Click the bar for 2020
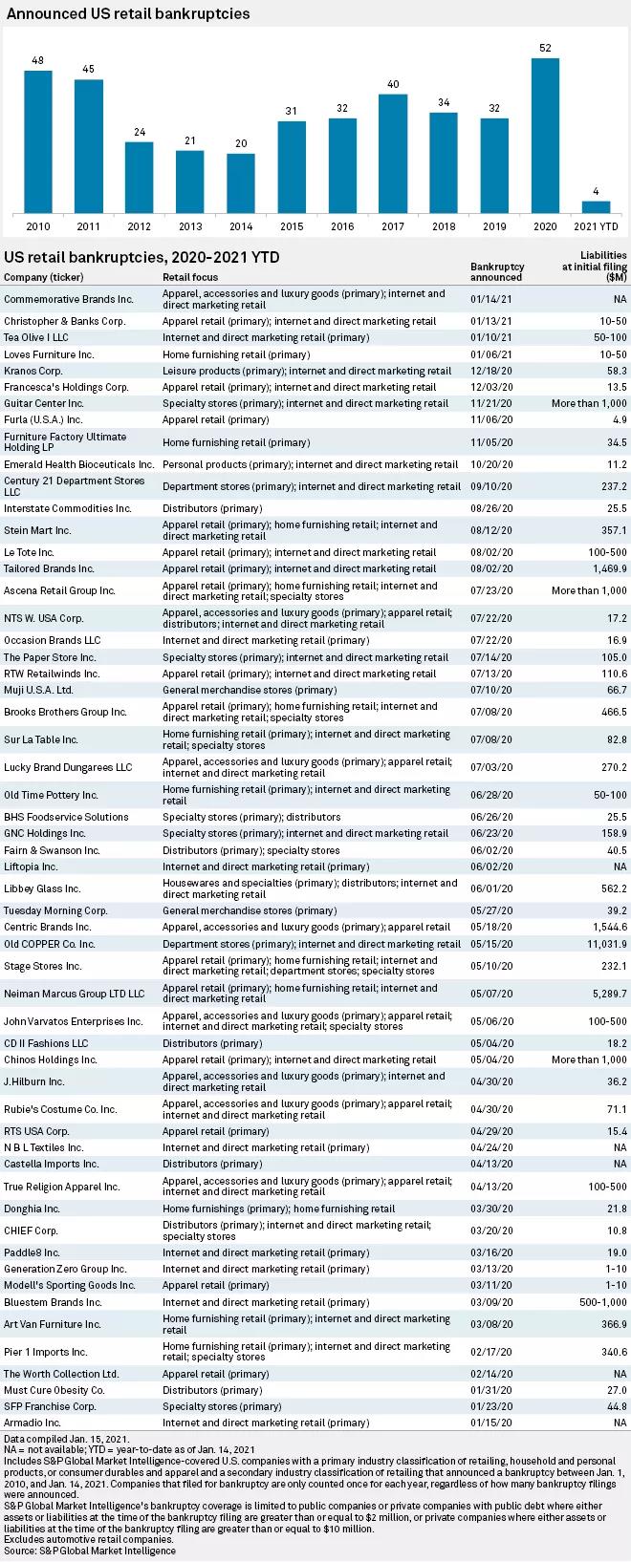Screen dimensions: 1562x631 (x=545, y=136)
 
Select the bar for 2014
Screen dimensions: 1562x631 (x=241, y=182)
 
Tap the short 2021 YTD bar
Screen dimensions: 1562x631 (x=596, y=206)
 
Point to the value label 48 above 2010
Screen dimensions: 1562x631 (x=38, y=61)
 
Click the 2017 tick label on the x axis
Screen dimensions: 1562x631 (x=393, y=226)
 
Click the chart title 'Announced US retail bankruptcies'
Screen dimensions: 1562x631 (x=127, y=14)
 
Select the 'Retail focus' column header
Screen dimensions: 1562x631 (x=190, y=277)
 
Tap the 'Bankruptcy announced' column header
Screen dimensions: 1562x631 (x=497, y=271)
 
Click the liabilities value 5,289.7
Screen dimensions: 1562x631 (x=607, y=994)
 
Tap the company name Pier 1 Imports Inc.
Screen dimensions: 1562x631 (x=46, y=1352)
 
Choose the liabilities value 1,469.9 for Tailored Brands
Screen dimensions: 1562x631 (x=607, y=568)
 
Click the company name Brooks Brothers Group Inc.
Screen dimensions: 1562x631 (x=65, y=712)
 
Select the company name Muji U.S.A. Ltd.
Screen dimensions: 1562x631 (x=38, y=690)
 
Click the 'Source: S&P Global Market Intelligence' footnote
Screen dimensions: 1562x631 (x=90, y=1551)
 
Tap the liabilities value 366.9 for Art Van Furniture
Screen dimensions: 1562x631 (x=611, y=1324)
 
